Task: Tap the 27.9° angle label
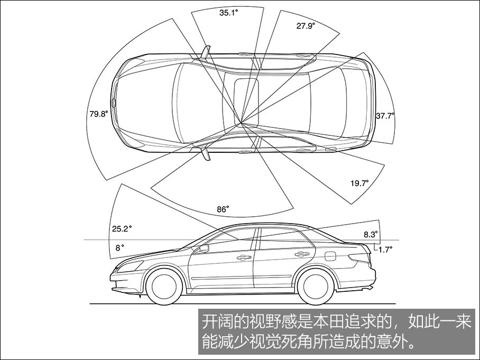coord(305,25)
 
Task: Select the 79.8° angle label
coord(98,113)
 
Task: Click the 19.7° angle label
coord(359,183)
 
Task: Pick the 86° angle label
coord(223,209)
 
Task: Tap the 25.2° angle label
coord(122,229)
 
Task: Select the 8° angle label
coord(119,247)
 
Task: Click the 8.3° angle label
coord(371,234)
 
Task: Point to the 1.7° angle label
coord(385,249)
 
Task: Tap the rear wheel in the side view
coord(315,286)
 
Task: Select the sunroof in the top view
coord(246,103)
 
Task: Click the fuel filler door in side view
coord(329,256)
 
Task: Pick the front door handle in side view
coord(244,258)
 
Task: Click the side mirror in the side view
coord(204,248)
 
